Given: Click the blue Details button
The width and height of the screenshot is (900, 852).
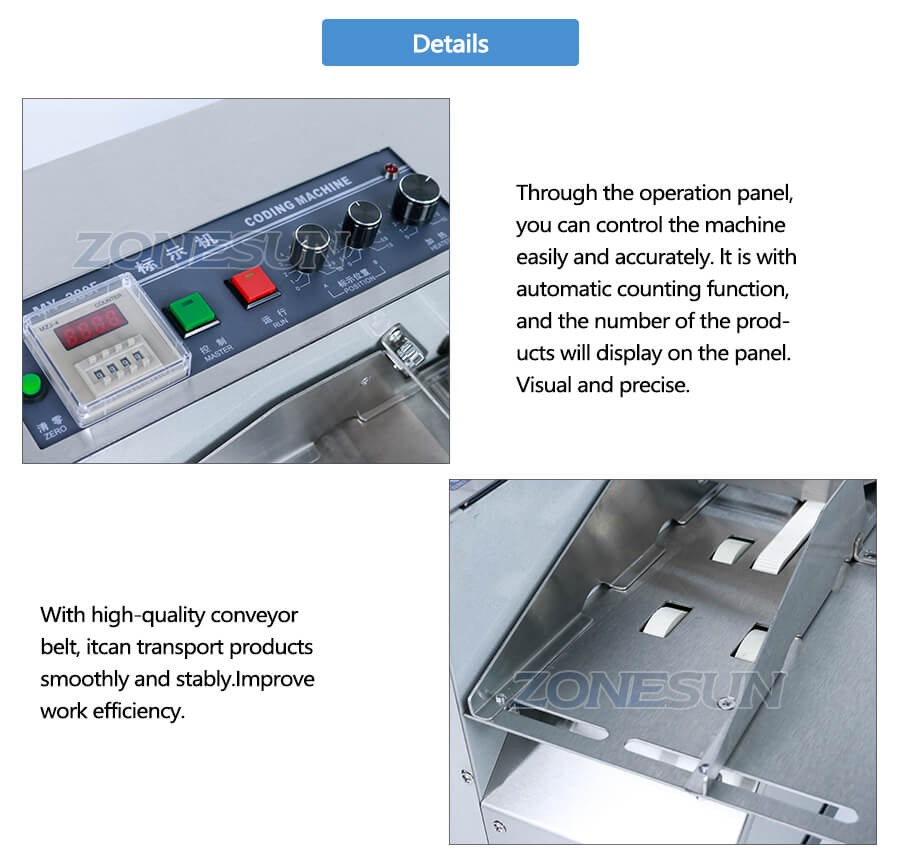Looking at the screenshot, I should point(450,43).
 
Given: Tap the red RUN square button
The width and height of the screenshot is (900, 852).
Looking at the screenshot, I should point(251,285).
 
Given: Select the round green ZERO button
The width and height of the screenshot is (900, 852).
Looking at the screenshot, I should point(30,385).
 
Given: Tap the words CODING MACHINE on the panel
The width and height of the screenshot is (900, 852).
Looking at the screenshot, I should point(298,200).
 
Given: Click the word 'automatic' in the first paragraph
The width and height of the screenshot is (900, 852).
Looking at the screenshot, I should point(560,289).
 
